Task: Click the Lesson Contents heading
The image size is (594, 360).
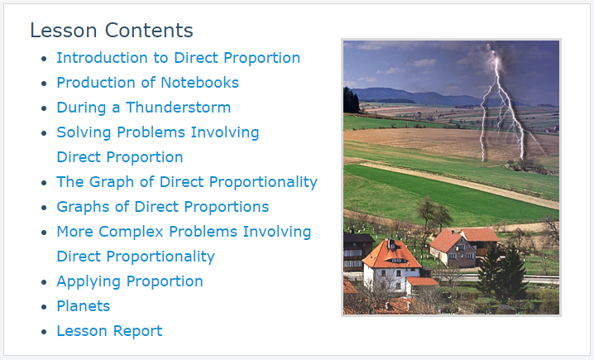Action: (x=112, y=31)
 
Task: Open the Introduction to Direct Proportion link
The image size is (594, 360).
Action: (x=179, y=58)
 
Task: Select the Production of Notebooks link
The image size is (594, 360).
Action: (x=148, y=83)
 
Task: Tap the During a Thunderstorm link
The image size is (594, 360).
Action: (x=144, y=108)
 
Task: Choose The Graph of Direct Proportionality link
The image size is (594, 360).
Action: (x=187, y=182)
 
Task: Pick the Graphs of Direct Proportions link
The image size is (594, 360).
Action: (x=163, y=207)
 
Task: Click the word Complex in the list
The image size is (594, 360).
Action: (x=131, y=232)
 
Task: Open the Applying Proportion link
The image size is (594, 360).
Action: (x=130, y=281)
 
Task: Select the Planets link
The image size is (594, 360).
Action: (x=84, y=306)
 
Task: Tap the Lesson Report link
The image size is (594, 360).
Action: (x=109, y=331)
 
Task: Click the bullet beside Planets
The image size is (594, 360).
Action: (x=45, y=307)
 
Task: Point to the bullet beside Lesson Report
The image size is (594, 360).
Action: (x=45, y=332)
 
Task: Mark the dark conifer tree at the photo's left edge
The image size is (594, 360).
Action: (x=351, y=101)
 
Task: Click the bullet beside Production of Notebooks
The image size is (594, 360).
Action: (x=45, y=84)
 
